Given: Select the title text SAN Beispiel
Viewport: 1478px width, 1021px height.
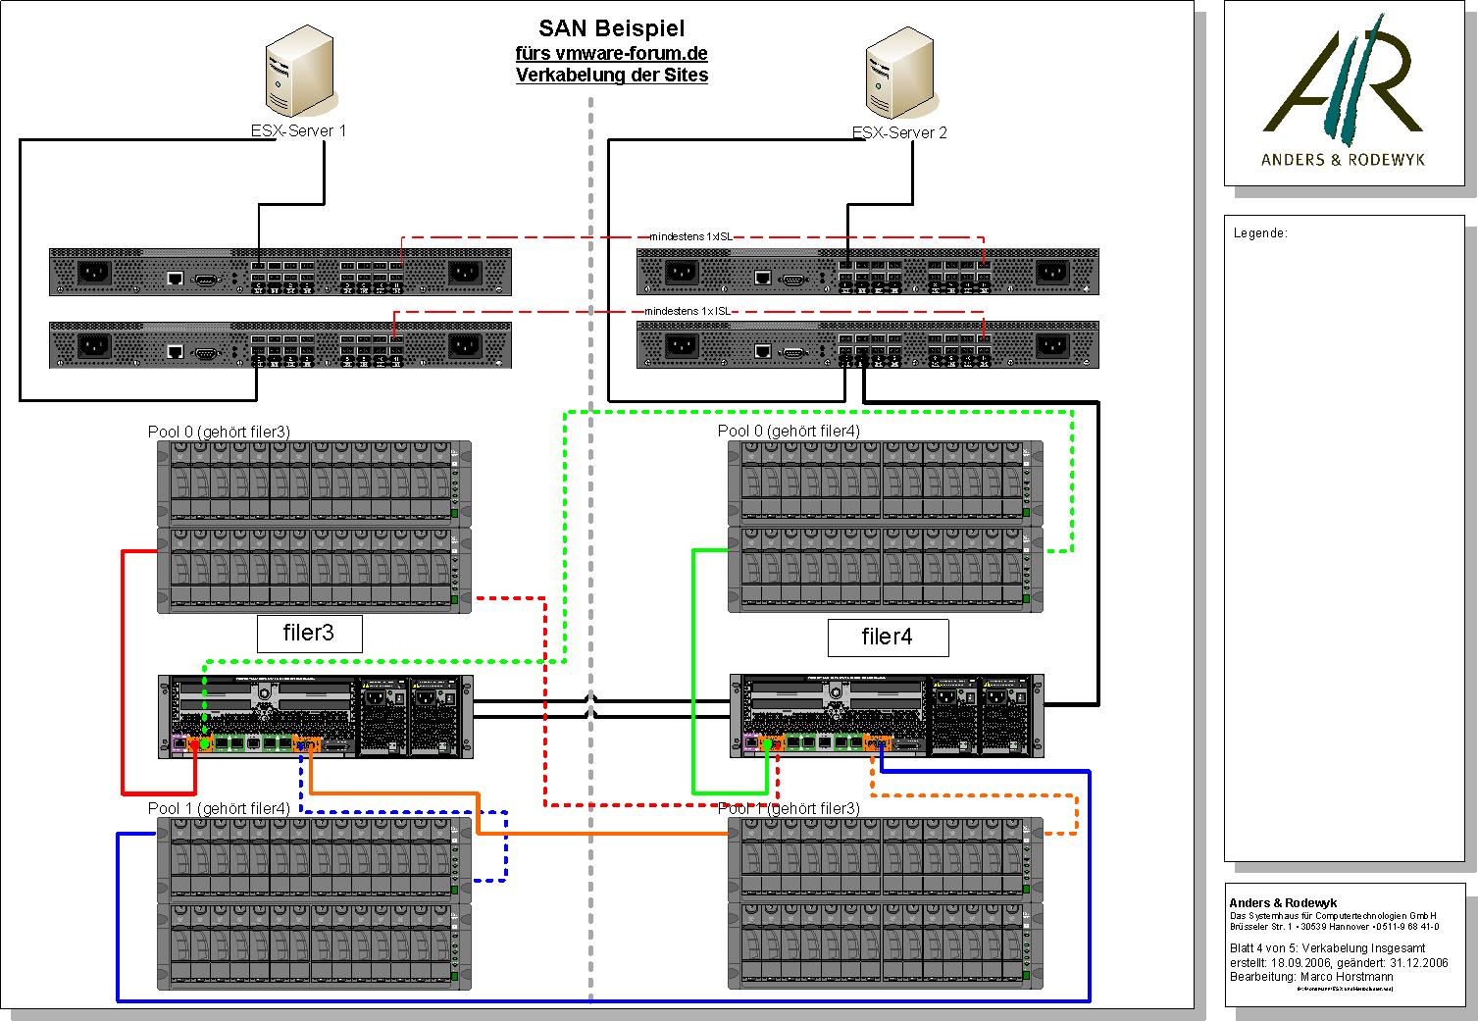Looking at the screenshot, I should [612, 28].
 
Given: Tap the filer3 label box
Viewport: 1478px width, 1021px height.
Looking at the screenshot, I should [309, 634].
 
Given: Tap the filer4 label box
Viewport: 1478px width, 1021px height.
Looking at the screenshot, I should [888, 638].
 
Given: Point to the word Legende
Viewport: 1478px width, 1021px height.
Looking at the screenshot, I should [1260, 233].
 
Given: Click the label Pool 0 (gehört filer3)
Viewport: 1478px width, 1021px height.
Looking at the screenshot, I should [219, 432].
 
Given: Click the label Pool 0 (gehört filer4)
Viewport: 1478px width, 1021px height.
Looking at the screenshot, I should [789, 431].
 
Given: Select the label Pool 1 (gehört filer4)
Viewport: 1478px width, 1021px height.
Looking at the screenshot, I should [219, 808].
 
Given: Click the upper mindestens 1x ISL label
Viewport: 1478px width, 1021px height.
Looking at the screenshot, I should [691, 236].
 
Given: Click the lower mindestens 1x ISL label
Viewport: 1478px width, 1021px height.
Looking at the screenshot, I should [688, 311].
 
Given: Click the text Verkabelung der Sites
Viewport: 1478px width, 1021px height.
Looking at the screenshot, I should [612, 75].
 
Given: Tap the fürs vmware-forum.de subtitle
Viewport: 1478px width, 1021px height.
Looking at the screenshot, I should [612, 53].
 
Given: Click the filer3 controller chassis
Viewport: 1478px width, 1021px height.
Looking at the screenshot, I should [316, 716].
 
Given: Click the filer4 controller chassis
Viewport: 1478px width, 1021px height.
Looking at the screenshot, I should [887, 716].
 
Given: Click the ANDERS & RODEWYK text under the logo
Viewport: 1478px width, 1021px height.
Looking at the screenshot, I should [1343, 159].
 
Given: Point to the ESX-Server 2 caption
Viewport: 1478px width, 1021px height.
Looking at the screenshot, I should [899, 133].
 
